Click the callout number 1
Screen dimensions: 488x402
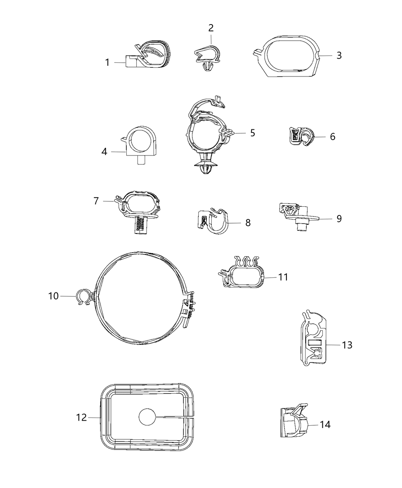coord(108,62)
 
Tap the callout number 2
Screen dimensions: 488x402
coord(211,28)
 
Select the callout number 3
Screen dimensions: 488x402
coord(339,55)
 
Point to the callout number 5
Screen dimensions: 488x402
coord(252,132)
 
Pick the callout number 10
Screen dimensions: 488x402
coord(54,296)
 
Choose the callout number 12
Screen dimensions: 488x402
coord(82,417)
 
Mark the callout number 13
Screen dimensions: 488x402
coord(347,345)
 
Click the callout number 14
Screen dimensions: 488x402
coord(325,424)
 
